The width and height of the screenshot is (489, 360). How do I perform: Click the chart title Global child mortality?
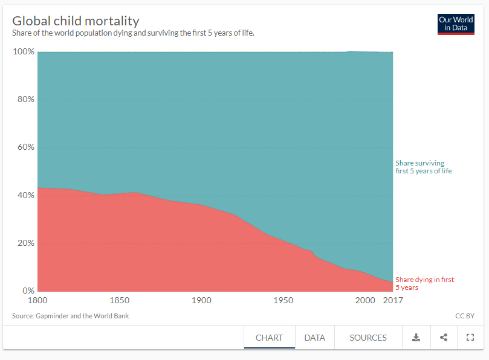[x=76, y=21]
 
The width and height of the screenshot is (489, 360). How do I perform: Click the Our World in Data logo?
[x=456, y=24]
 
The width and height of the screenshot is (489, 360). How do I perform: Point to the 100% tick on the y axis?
[x=24, y=52]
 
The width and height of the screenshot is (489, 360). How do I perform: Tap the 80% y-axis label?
[x=25, y=100]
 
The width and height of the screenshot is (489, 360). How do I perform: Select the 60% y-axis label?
[x=25, y=147]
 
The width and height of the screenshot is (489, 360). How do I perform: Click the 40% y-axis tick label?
[x=25, y=196]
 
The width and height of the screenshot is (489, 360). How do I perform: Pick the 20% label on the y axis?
[x=25, y=243]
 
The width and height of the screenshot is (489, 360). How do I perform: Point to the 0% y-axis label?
[x=28, y=291]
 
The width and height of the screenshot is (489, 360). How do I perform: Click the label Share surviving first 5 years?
[x=423, y=167]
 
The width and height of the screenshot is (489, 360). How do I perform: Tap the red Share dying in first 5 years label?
[x=424, y=283]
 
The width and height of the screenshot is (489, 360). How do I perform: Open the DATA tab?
[x=314, y=338]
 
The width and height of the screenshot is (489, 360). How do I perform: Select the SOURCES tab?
[x=368, y=338]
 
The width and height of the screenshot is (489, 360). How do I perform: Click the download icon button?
[x=416, y=338]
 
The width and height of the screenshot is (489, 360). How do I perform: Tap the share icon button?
[x=444, y=338]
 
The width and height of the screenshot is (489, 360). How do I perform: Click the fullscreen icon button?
[x=470, y=338]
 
